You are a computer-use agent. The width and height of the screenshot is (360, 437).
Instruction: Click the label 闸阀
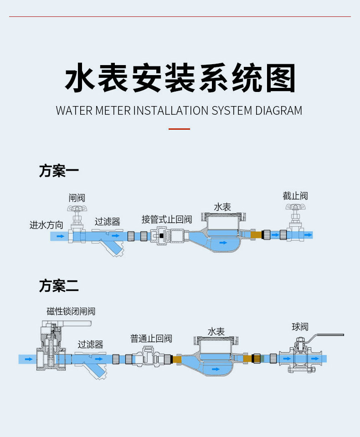point(77,198)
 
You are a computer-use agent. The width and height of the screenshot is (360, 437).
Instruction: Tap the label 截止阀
point(295,196)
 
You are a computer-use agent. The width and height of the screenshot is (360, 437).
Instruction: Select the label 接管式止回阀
point(167,219)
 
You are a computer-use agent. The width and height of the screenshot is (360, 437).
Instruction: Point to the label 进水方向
point(46,225)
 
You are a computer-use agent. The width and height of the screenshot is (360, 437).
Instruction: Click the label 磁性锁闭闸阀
point(71,311)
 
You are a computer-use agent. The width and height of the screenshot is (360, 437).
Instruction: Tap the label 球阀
point(300,327)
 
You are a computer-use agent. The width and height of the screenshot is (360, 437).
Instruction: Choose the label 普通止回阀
point(151,339)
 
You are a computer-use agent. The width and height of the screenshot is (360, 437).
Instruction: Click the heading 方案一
point(59,171)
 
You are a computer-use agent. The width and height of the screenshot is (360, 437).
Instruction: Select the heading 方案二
point(59,286)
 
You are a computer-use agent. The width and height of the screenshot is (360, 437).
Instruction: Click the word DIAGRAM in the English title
point(278,111)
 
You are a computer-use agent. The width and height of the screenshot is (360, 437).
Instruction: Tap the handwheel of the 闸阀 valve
point(77,208)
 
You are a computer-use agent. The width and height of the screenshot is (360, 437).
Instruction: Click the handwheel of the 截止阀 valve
point(296,207)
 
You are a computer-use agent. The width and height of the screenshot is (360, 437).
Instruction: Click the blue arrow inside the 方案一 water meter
point(223,243)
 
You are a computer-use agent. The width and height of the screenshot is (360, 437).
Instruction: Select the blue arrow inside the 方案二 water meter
point(216,369)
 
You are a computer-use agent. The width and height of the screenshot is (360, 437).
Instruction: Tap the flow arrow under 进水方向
point(61,236)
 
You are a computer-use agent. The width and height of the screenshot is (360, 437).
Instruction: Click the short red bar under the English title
point(179,129)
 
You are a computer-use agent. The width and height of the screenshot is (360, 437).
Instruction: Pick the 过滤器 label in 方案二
point(90,345)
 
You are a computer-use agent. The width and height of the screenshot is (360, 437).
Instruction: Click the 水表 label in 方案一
point(222,207)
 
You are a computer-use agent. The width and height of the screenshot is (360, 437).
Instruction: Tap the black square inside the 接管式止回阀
point(161,236)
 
